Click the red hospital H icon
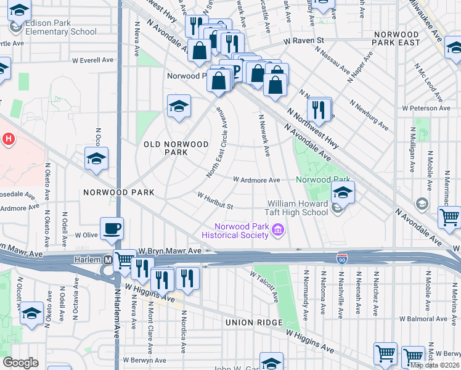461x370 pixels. pos(7,139)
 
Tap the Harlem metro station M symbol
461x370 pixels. pos(108,260)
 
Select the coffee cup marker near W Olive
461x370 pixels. pos(112,229)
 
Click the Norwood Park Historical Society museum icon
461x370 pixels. pos(277,231)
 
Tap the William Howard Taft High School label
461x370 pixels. pos(298,208)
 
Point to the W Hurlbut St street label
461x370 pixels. pos(214,200)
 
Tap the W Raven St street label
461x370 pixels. pos(303,41)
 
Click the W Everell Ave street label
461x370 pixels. pos(93,60)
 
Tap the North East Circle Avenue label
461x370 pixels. pos(218,141)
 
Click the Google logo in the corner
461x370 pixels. pos(20,363)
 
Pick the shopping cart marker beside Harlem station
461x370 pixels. pos(125,261)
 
